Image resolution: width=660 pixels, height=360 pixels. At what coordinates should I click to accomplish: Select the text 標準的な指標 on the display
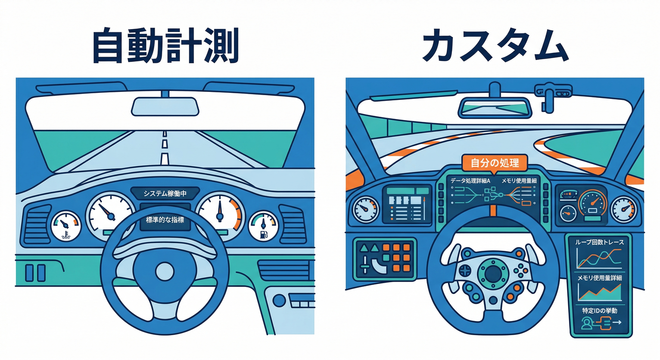(165, 219)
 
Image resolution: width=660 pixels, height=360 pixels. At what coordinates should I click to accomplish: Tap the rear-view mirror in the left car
(165, 106)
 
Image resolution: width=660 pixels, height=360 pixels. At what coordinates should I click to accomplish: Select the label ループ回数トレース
(600, 243)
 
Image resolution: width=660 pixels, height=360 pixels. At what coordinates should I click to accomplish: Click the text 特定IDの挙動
(600, 311)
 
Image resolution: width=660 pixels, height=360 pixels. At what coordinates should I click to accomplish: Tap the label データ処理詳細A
(470, 180)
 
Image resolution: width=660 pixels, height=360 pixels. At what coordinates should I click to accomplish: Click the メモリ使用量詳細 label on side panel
(600, 278)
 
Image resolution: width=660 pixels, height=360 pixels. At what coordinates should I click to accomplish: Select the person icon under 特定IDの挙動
(587, 323)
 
